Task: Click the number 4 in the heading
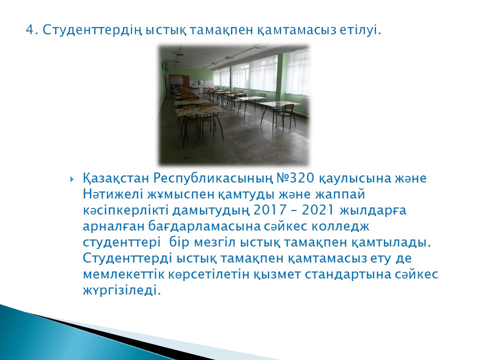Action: point(29,30)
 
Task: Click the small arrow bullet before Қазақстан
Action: point(72,179)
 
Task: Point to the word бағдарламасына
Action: point(204,226)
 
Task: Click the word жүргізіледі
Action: point(121,290)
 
